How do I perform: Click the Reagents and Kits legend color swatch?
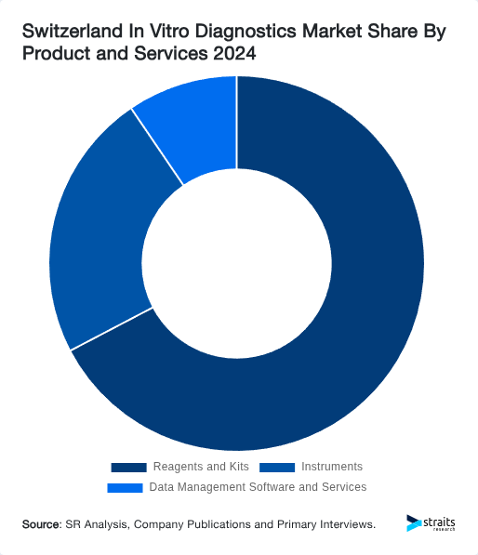click(x=128, y=467)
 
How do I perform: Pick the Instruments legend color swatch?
click(x=277, y=467)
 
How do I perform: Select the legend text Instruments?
click(x=332, y=467)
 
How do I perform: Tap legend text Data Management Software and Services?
click(x=258, y=487)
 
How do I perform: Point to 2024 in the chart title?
click(x=233, y=55)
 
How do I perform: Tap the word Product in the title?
click(x=51, y=55)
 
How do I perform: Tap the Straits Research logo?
click(x=431, y=523)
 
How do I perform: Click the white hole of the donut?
click(x=237, y=263)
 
